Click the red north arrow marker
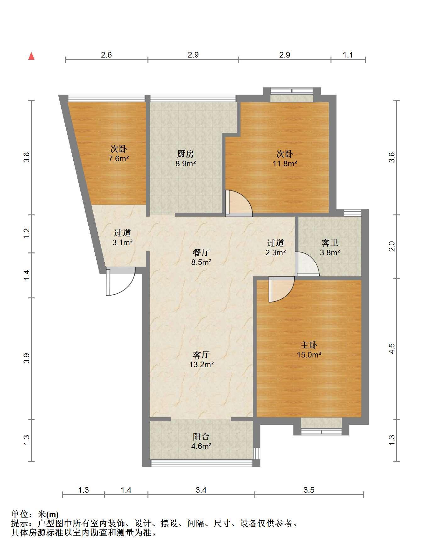coord(31,56)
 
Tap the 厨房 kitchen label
coord(186,154)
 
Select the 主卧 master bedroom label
coord(308,345)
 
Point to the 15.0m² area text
coord(309,355)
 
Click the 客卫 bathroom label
coord(330,243)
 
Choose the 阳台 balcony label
coord(201,436)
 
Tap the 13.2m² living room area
coord(201,365)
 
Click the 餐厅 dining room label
coord(201,252)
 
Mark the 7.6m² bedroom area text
coord(119,158)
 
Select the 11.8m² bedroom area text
coord(285,163)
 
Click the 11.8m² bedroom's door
coord(239,203)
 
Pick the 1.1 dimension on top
coord(348,55)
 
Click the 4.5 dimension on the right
coord(392,348)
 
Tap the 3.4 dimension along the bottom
coord(201,490)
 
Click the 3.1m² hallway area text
coord(122,243)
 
